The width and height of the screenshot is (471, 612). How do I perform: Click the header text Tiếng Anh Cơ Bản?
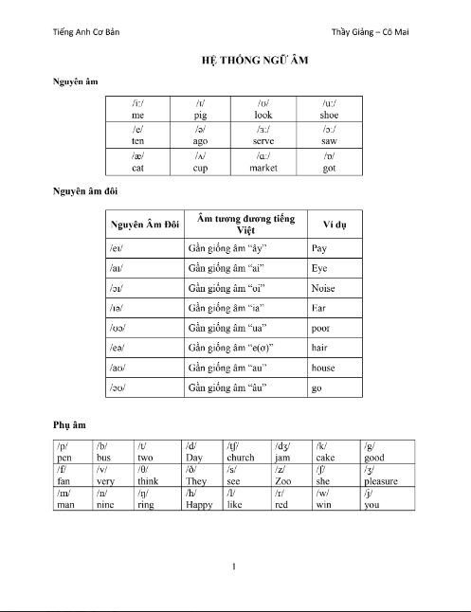86,31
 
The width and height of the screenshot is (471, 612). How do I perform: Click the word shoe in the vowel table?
329,114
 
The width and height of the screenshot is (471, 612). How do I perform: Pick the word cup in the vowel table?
201,167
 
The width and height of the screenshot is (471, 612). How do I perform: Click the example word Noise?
323,288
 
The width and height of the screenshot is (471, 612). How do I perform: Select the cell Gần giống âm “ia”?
224,308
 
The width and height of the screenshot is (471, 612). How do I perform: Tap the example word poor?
321,328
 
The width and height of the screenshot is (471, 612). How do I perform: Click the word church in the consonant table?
241,458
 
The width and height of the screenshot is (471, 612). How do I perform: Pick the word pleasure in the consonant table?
381,481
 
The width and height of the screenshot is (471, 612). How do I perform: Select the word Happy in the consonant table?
199,504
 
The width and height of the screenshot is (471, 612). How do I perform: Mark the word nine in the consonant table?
105,504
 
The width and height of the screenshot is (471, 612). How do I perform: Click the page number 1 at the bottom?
233,567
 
